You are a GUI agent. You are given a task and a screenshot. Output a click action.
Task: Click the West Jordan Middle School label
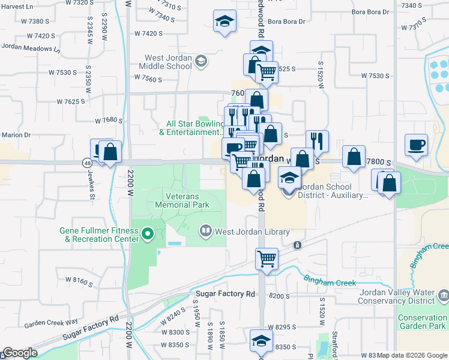pos(167,62)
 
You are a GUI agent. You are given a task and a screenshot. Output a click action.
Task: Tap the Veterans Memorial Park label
pos(182,200)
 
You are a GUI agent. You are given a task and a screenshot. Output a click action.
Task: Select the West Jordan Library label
pos(244,232)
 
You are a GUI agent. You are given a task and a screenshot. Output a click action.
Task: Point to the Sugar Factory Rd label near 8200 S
pos(225,293)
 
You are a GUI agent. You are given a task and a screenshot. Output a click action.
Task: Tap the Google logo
pos(19,353)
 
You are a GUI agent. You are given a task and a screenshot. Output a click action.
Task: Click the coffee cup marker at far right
pos(416,145)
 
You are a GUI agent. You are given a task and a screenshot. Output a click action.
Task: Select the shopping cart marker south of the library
pos(267,259)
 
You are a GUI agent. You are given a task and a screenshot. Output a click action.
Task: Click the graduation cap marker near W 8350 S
pos(261,341)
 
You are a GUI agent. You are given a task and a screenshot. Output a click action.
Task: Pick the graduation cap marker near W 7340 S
pos(224,22)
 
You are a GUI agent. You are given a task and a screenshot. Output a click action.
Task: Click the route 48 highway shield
pos(88,162)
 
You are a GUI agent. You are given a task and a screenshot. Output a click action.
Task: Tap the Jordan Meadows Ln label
pos(31,46)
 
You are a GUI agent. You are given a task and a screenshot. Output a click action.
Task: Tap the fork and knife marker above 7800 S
pos(317,141)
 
